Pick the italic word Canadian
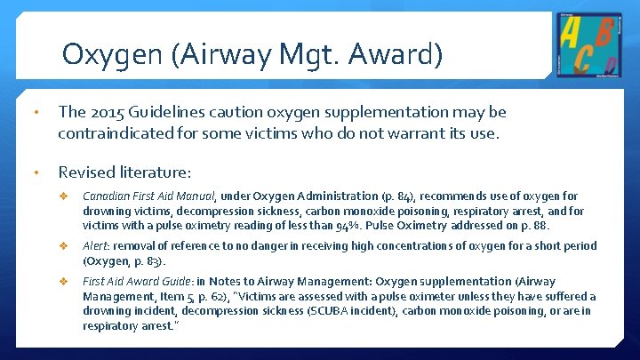[108, 196]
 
